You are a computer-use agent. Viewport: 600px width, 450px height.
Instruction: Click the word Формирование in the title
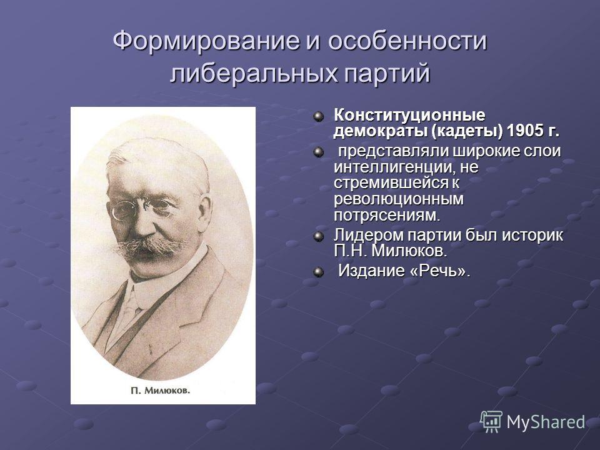pos(206,41)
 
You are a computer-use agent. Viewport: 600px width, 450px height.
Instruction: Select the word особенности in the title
pos(407,41)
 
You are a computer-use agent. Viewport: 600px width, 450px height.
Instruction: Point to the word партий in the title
pos(387,74)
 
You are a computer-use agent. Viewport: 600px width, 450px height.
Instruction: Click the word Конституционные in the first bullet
pos(409,115)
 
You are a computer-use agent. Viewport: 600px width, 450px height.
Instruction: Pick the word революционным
pos(398,199)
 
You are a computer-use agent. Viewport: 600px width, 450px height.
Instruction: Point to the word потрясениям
pos(387,216)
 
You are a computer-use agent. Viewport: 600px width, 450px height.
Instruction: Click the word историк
pos(532,235)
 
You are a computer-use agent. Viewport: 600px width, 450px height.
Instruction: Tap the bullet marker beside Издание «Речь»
pos(318,272)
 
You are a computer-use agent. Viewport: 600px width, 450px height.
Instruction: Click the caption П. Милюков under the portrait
pos(160,391)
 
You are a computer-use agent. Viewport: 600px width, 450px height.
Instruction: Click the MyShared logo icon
pos(491,422)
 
